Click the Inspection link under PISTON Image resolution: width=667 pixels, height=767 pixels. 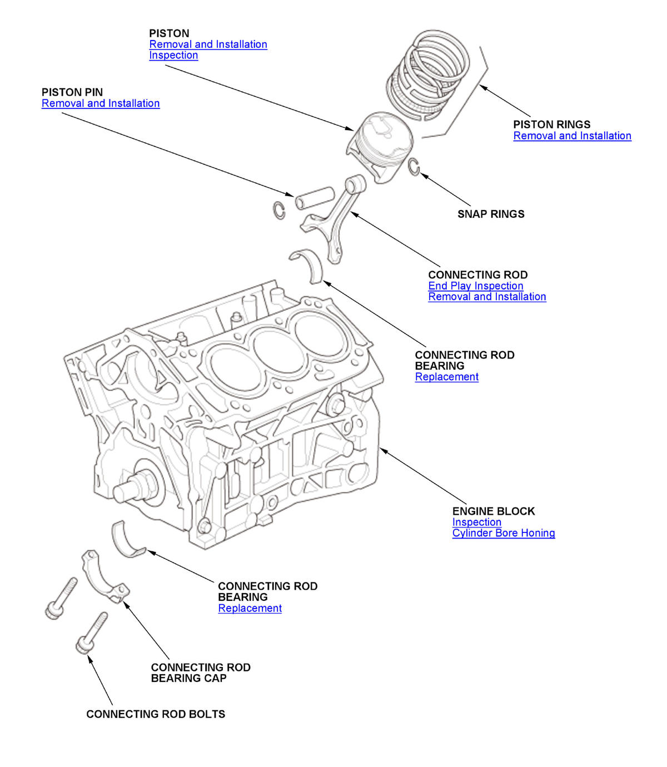click(x=173, y=55)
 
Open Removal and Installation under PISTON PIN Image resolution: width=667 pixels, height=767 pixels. click(x=101, y=103)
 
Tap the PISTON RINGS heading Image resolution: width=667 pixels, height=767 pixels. click(x=551, y=124)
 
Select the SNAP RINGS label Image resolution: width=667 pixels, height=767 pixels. click(x=491, y=214)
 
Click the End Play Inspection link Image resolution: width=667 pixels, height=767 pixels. click(x=475, y=286)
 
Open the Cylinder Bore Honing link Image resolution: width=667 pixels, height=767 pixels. click(x=503, y=533)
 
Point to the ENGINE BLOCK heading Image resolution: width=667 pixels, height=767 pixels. click(x=493, y=511)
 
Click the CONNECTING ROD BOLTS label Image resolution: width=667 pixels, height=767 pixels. click(x=156, y=714)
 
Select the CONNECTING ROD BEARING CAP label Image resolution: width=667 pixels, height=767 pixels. click(x=201, y=673)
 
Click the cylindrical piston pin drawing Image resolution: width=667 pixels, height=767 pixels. click(x=315, y=197)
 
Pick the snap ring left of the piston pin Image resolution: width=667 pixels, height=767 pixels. click(x=280, y=210)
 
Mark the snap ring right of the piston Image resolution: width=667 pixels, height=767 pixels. click(x=414, y=167)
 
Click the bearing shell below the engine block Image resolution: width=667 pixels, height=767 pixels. click(x=127, y=539)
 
